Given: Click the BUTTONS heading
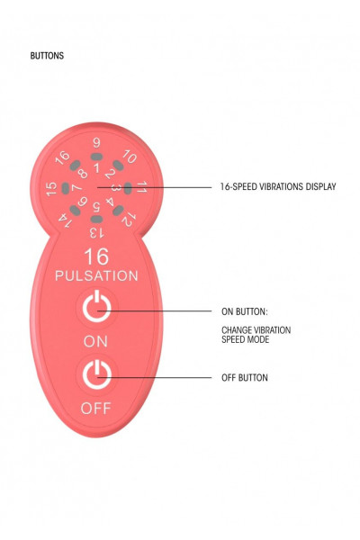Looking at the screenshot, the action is coord(47,56).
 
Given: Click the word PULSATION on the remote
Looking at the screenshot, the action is coord(96,276).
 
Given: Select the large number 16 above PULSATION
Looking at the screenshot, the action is coord(96,256).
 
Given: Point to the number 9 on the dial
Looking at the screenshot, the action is coord(97,143).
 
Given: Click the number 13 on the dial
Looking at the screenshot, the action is coord(96,233).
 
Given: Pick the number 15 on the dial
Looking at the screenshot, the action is coord(51,189).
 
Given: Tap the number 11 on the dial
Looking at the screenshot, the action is coord(141,187).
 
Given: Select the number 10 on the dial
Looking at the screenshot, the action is coord(130,157).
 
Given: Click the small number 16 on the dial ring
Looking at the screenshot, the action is coord(62,158).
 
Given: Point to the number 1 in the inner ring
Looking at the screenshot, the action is coord(97,168).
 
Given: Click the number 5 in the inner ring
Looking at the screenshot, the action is coord(96,207).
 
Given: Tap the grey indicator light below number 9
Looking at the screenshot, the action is coord(97,157).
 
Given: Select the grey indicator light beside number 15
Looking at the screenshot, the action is coord(66,188).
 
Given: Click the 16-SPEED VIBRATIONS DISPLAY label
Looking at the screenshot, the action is coord(278,186).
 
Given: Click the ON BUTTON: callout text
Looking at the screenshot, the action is coord(244,311).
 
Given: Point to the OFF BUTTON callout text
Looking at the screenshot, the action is coord(244,378).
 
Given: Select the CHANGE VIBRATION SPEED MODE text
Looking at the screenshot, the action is coord(256,335).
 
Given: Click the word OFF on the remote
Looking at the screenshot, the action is coord(95,409).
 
